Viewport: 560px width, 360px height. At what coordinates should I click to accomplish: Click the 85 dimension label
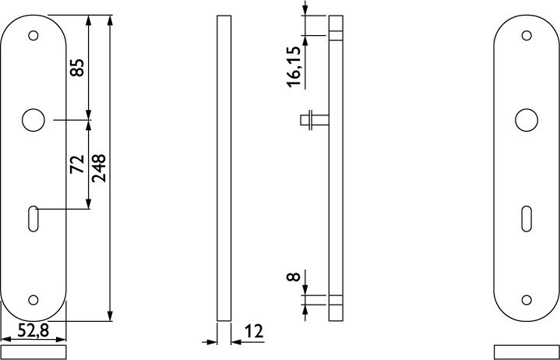77,68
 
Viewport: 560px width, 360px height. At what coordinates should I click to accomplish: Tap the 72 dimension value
77,164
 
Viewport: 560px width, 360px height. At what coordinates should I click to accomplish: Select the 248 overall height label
99,168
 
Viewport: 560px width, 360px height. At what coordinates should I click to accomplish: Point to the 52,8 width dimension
33,330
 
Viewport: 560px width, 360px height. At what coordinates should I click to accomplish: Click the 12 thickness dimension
254,331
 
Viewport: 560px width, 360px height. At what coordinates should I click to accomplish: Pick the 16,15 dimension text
294,67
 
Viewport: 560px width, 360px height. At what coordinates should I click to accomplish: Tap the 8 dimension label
294,277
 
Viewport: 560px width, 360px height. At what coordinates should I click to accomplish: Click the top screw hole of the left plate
33,36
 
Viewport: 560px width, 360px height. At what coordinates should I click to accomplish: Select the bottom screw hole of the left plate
33,300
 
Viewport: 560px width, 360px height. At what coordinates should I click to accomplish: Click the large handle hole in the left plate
33,120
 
